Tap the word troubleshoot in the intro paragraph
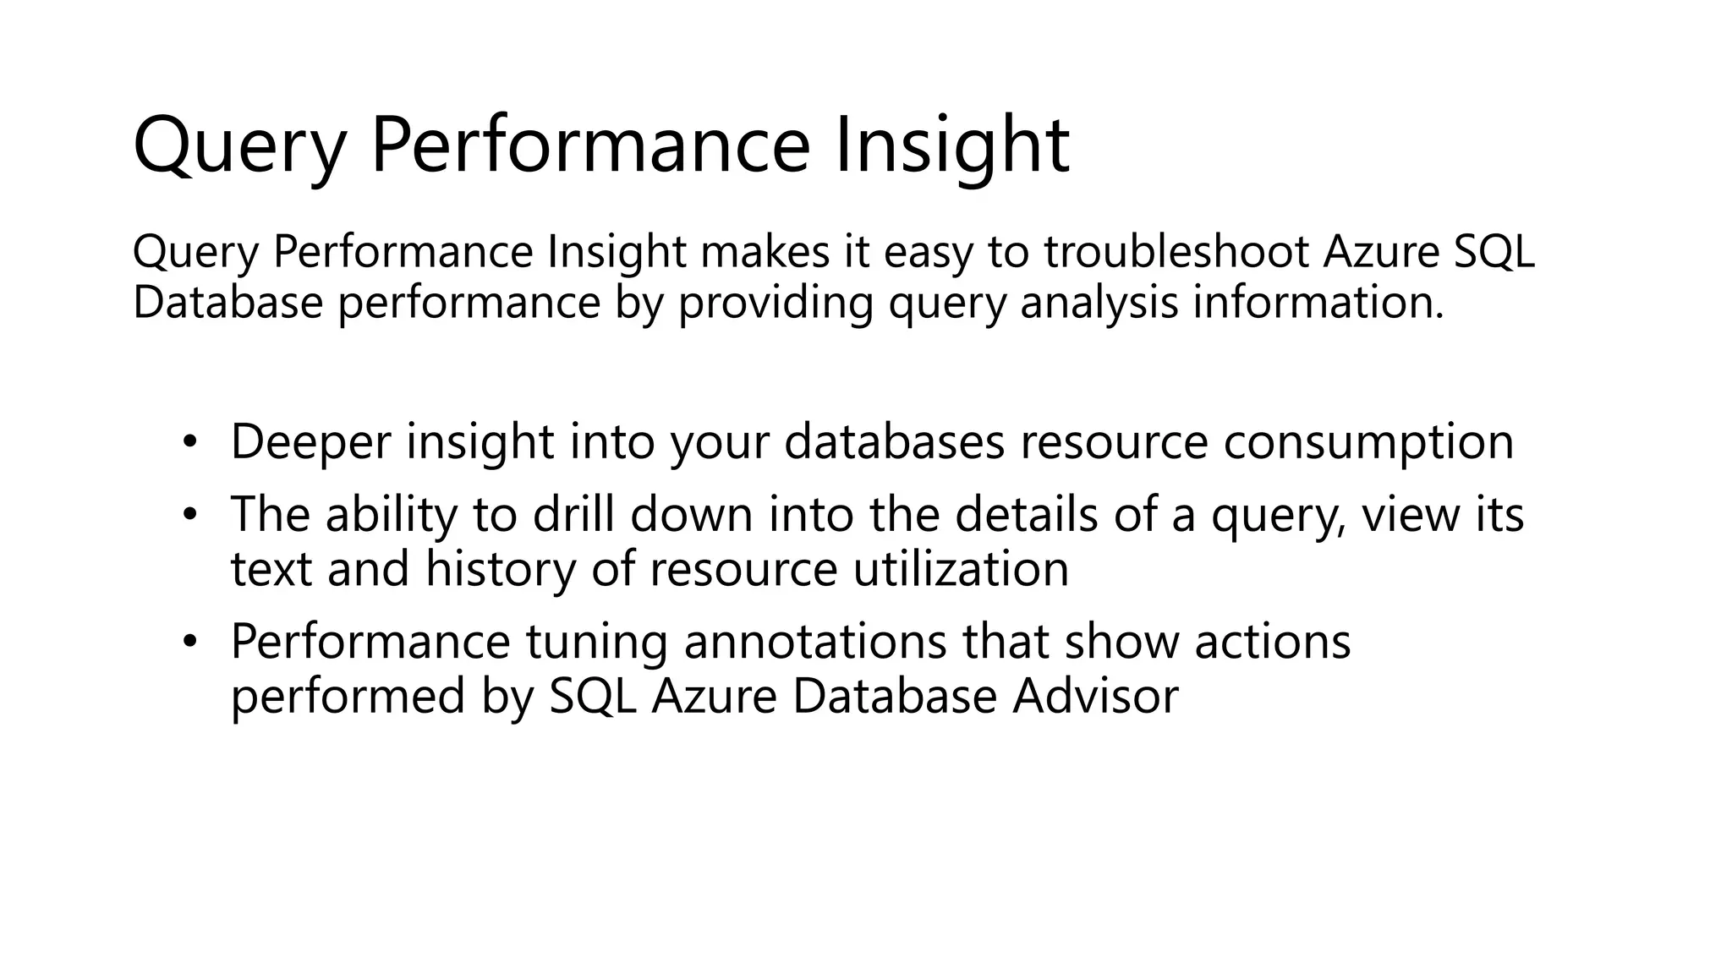(x=1176, y=252)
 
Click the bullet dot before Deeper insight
(x=189, y=440)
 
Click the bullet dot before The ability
(x=189, y=513)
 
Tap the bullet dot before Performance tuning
(x=189, y=641)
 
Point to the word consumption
(x=1368, y=442)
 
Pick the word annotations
(x=814, y=642)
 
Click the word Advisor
(x=1095, y=696)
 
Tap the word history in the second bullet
(x=500, y=568)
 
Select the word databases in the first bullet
(x=894, y=442)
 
